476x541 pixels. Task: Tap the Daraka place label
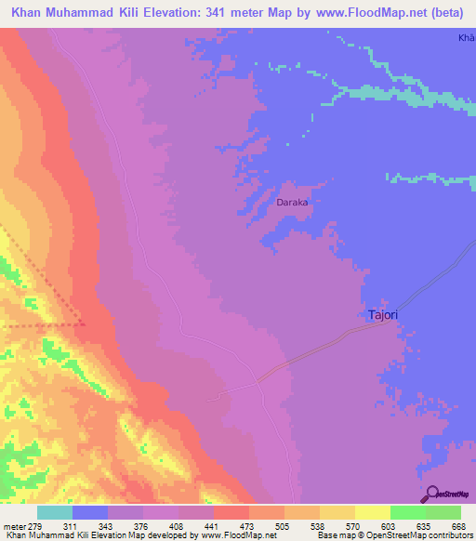[292, 201]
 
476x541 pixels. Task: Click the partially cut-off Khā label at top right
[466, 38]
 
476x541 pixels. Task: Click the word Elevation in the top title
[182, 10]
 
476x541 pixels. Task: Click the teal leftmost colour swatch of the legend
[55, 512]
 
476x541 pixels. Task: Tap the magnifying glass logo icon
[430, 493]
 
